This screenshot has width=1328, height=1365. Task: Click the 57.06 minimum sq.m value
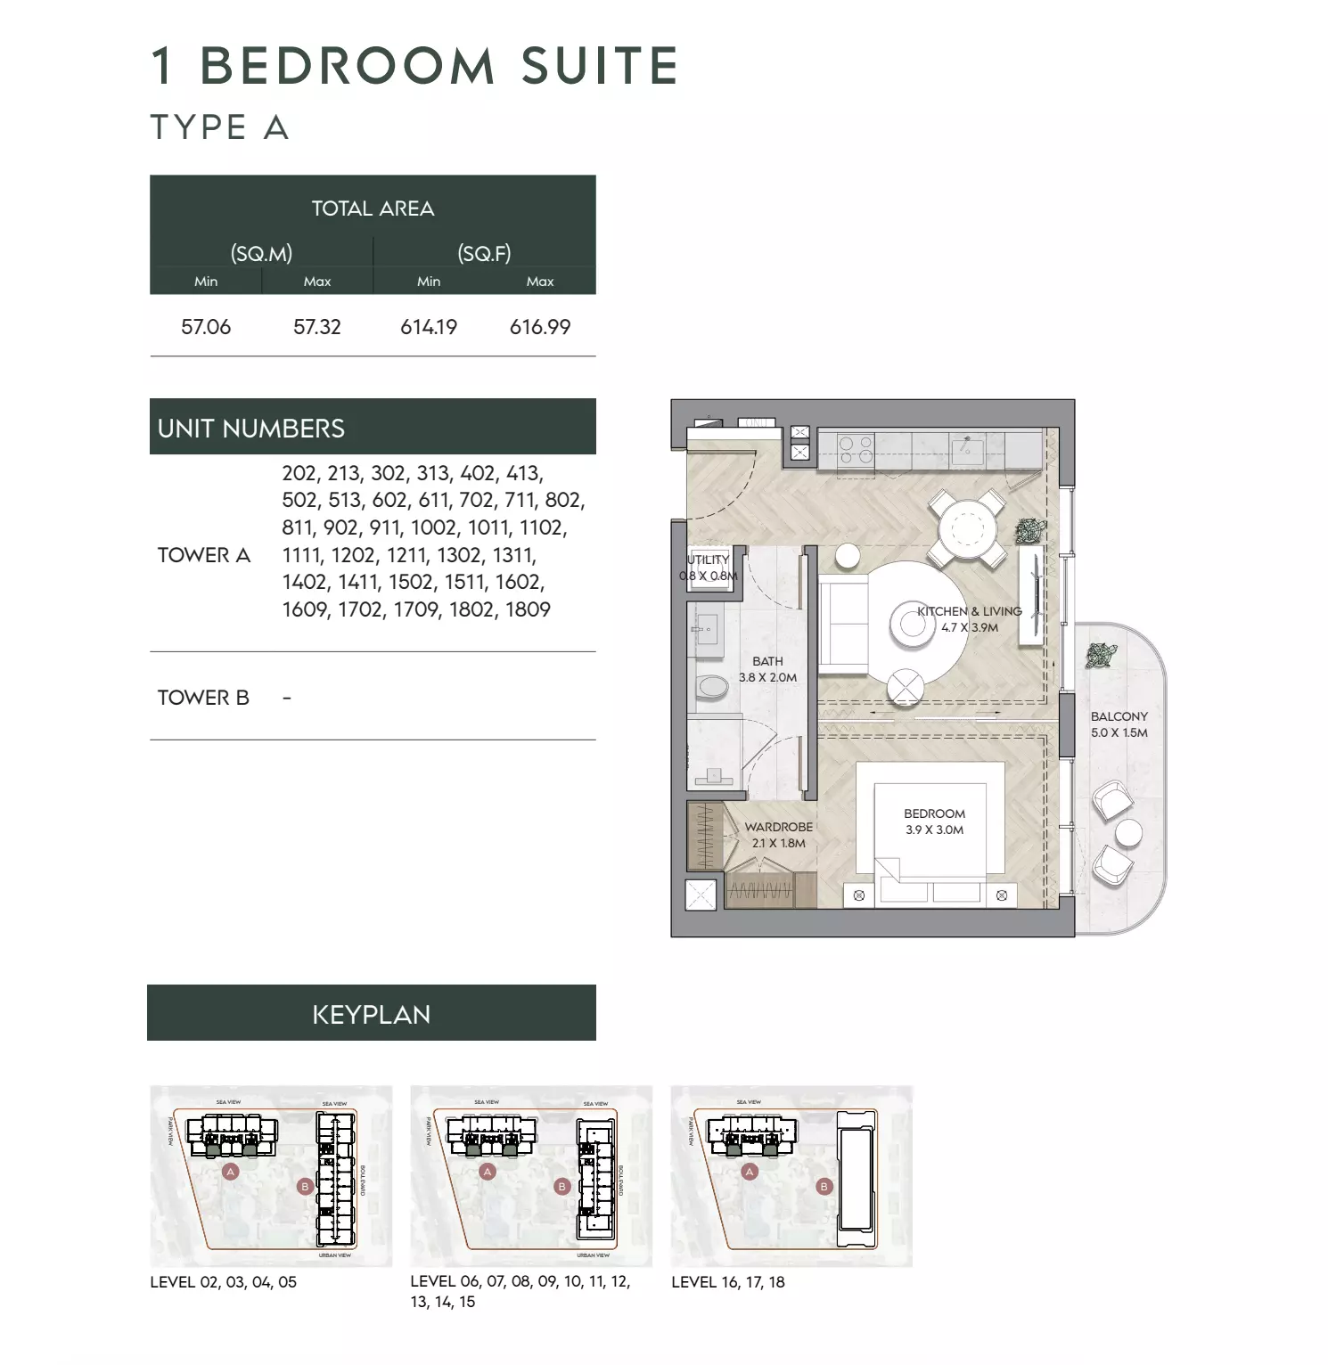206,327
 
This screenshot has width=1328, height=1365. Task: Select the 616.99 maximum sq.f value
540,327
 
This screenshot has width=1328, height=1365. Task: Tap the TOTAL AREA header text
373,208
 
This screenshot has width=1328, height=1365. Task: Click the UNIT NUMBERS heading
251,429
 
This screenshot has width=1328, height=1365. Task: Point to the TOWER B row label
203,698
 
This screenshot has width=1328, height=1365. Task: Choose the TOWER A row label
204,555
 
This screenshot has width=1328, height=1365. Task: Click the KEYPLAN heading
372,1014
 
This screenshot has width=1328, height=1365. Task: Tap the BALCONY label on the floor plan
1119,716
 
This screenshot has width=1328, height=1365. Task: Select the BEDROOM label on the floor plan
934,813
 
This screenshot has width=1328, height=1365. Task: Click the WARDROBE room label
778,827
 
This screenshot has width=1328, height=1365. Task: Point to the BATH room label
767,661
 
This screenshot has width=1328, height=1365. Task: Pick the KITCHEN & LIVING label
970,611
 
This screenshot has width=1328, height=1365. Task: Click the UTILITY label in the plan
709,560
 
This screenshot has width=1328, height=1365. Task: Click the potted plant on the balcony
1097,656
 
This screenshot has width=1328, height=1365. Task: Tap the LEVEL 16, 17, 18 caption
728,1282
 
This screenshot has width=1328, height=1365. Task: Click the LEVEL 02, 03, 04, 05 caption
224,1282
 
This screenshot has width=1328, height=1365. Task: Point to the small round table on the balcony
1128,833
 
